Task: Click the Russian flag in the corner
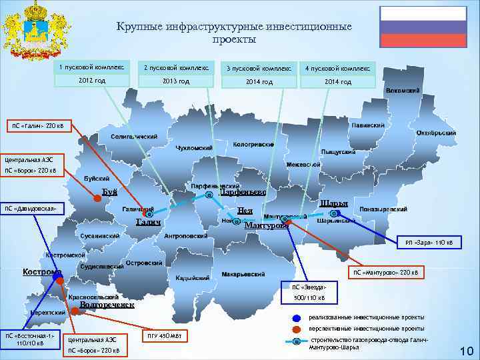423,26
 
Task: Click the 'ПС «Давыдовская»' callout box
33,209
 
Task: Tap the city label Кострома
41,271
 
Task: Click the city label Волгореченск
107,305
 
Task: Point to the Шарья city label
333,203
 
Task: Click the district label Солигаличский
133,137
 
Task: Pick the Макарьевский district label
243,274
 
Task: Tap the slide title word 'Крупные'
137,27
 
